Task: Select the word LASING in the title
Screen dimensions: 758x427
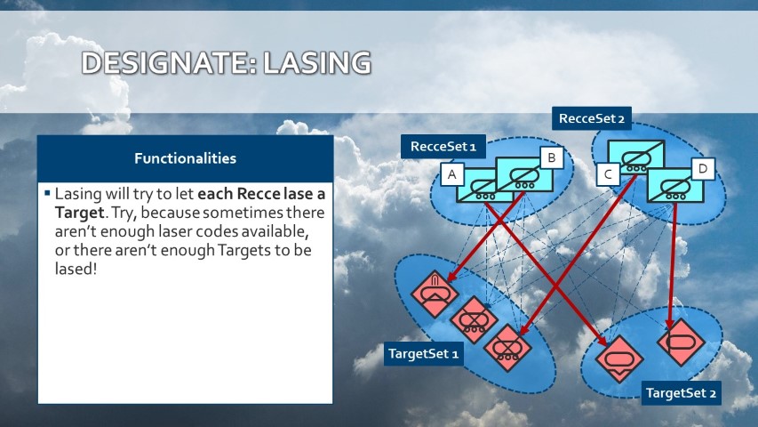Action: [317, 63]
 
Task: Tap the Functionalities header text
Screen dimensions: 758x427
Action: [185, 158]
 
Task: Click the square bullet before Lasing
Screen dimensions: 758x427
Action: [47, 193]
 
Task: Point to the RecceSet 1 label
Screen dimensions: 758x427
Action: [443, 147]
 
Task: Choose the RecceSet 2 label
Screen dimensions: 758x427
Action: [592, 118]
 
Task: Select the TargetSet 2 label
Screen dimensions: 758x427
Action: [682, 392]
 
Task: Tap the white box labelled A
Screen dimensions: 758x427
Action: [452, 174]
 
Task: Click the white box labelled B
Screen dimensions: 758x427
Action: [552, 157]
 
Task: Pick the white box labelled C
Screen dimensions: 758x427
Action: [608, 173]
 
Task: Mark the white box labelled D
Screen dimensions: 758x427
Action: [703, 168]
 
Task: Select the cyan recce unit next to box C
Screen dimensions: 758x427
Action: [636, 157]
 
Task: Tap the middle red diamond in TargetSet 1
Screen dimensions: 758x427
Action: [474, 320]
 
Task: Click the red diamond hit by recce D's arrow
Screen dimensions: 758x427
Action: [682, 342]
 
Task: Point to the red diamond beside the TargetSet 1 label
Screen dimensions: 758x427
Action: [507, 348]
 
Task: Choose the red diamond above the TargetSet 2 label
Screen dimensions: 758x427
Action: [619, 359]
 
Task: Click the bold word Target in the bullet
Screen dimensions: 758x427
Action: [79, 213]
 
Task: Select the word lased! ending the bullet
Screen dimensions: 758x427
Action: [76, 269]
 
